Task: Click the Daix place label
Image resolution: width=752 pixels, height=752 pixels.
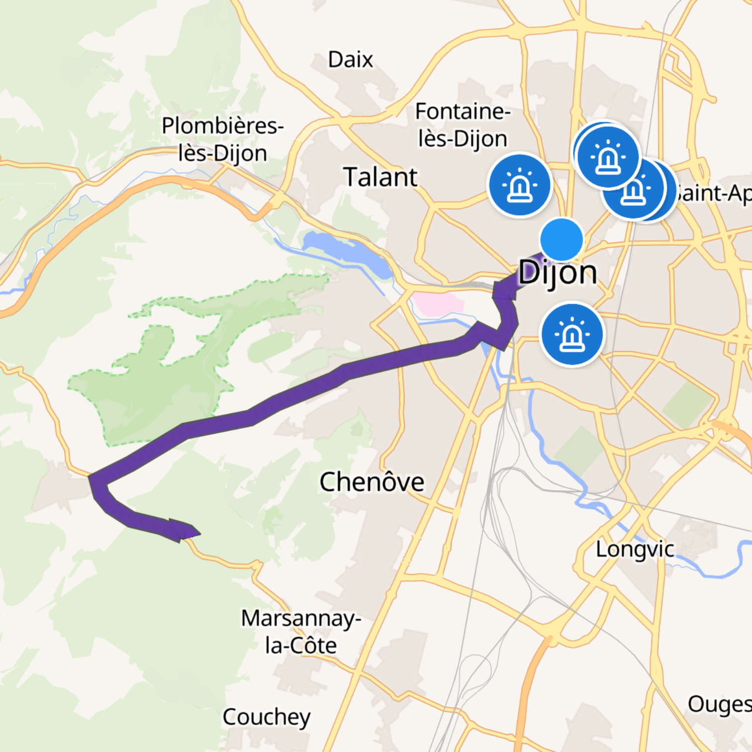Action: click(x=350, y=60)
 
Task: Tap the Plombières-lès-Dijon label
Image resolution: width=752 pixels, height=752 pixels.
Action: click(x=222, y=139)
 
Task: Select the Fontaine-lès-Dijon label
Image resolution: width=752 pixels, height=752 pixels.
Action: click(x=463, y=125)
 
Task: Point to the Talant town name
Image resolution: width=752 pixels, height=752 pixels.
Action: click(x=380, y=177)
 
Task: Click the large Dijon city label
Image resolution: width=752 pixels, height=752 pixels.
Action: click(x=558, y=273)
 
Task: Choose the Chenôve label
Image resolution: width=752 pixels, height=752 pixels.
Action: click(x=372, y=481)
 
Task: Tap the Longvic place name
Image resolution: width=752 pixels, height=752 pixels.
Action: click(x=635, y=549)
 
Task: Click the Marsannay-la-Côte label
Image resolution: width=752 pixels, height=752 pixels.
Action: click(x=301, y=632)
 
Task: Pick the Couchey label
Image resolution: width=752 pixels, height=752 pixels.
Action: click(x=267, y=717)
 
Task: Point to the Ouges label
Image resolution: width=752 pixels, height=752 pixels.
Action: click(x=719, y=704)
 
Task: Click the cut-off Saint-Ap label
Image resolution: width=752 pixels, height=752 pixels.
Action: click(x=714, y=193)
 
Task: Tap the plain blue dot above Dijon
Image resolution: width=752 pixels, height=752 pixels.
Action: click(x=562, y=240)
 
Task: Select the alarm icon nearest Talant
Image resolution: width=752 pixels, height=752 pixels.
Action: click(x=520, y=185)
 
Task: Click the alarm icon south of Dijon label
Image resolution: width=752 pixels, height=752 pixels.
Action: click(x=572, y=334)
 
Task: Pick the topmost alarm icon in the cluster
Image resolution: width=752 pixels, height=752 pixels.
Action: click(x=607, y=156)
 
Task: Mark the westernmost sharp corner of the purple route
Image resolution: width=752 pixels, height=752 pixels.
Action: click(x=91, y=478)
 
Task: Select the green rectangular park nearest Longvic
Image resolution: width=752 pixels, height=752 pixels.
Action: click(x=578, y=450)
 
